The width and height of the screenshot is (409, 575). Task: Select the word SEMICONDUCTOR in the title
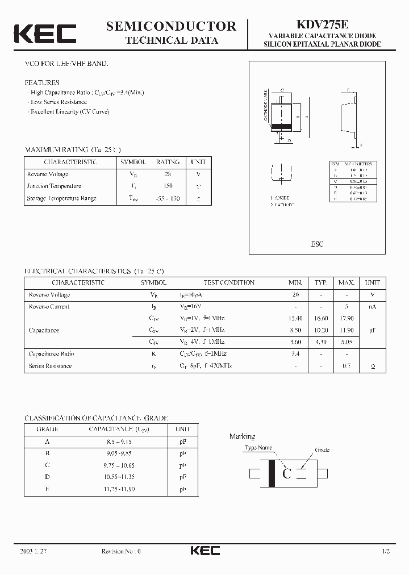[171, 26]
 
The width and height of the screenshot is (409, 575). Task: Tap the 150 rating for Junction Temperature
[168, 186]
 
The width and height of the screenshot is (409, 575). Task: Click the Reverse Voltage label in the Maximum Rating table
[48, 174]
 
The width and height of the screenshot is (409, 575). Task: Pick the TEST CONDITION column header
[229, 282]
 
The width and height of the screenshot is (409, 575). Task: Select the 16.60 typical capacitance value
[322, 318]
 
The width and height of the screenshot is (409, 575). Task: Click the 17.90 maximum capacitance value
[346, 318]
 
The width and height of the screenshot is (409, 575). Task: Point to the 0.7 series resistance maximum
[346, 366]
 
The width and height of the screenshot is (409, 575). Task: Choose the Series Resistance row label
[50, 366]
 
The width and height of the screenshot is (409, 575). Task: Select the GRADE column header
[47, 429]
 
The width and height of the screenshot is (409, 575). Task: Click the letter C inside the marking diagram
[287, 474]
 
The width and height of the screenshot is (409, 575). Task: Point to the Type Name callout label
[258, 448]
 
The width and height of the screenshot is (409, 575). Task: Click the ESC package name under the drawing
[317, 244]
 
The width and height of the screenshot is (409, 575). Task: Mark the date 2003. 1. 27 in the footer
[34, 551]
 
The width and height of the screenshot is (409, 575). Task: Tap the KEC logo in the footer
[204, 551]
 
